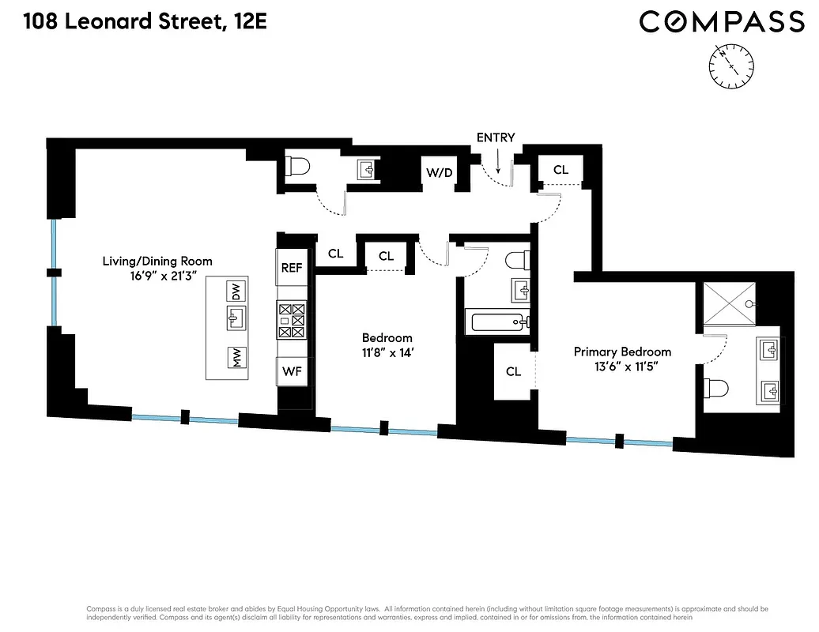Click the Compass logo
click(x=721, y=22)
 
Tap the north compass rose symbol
click(x=733, y=66)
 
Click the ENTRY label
click(x=496, y=137)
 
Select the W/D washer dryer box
click(x=440, y=172)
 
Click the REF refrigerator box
click(x=292, y=268)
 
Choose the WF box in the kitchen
click(x=292, y=371)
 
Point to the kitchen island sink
click(x=235, y=320)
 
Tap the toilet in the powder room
click(x=300, y=167)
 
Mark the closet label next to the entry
click(x=560, y=170)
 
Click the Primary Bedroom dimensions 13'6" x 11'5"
click(x=622, y=367)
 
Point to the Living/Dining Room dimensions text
click(x=157, y=276)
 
